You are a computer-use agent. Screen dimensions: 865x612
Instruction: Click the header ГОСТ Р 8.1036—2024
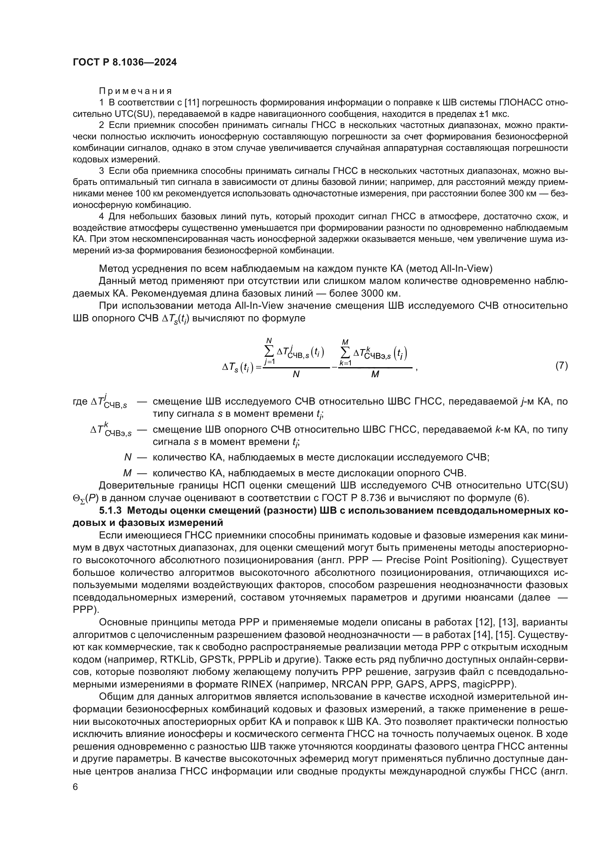(x=124, y=62)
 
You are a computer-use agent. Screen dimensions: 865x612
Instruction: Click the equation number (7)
(x=562, y=365)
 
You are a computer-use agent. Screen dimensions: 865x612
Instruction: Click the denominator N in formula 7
(x=296, y=375)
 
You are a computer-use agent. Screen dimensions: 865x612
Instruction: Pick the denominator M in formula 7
(x=375, y=375)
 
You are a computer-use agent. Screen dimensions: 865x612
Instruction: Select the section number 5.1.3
(x=111, y=510)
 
